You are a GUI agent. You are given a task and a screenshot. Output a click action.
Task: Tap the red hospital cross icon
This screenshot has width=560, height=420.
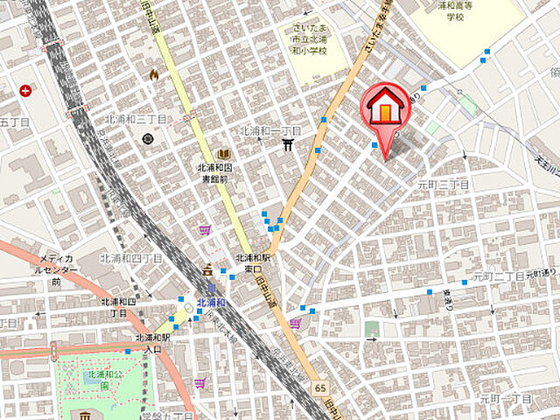26,90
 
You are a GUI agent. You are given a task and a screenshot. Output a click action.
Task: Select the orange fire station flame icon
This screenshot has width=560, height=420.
154,75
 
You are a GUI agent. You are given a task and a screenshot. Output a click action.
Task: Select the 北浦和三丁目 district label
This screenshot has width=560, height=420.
134,119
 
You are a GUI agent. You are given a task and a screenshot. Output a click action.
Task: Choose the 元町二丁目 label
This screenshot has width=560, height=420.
498,276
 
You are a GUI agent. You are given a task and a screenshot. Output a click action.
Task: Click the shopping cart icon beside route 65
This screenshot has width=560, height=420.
295,323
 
